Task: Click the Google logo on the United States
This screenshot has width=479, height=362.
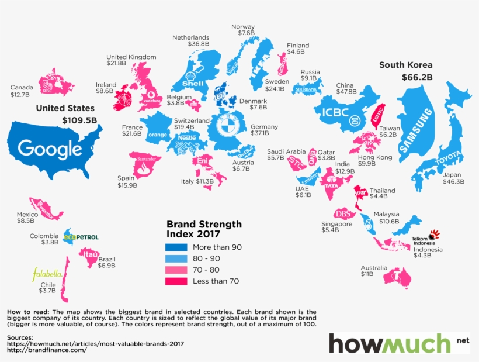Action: pyautogui.click(x=50, y=149)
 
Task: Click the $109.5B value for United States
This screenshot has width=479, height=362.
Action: pyautogui.click(x=79, y=120)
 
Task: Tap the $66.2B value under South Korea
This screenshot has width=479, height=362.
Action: pyautogui.click(x=416, y=77)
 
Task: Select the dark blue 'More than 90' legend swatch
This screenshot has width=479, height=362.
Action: pyautogui.click(x=175, y=247)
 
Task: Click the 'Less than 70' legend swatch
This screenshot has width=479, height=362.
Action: pyautogui.click(x=175, y=281)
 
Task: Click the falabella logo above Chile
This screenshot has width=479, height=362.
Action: pyautogui.click(x=47, y=274)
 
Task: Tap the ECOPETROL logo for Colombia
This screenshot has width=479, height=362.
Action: pyautogui.click(x=81, y=237)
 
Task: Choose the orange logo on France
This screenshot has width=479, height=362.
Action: pyautogui.click(x=158, y=135)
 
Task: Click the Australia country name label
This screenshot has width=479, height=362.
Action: pyautogui.click(x=374, y=268)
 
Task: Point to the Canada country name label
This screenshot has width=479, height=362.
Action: pyautogui.click(x=22, y=88)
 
